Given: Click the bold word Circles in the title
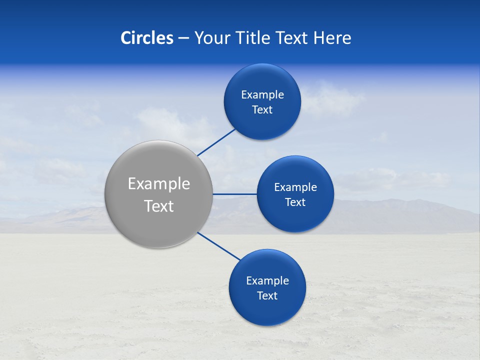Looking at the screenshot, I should tap(147, 38).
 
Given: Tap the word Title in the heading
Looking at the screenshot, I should tap(251, 38).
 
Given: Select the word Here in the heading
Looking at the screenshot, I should tap(332, 38).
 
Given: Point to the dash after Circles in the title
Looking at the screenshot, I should tap(183, 38).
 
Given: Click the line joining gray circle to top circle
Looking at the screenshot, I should tap(216, 141).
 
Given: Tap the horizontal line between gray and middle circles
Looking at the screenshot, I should tap(235, 194).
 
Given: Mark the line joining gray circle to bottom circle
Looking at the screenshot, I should tap(219, 246).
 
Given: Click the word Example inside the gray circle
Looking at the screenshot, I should tap(159, 184).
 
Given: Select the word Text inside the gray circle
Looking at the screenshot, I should tap(159, 206).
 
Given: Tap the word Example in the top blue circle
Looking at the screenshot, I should tap(262, 95).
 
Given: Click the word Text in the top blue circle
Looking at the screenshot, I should tap(262, 110).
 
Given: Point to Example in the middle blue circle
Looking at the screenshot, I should tap(295, 187).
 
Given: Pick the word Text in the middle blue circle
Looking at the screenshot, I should tap(295, 202).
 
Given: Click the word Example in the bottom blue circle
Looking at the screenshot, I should tap(267, 281).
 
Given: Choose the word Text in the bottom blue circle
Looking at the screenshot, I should tap(267, 296).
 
